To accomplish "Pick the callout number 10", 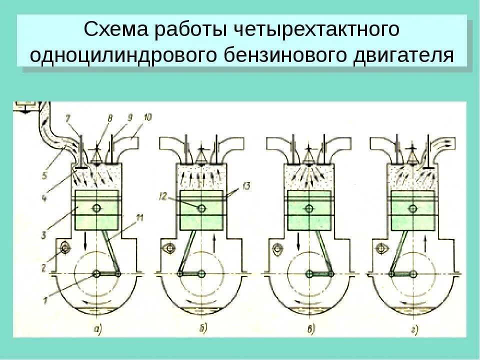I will tap(147, 117).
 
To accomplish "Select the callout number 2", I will tap(44, 267).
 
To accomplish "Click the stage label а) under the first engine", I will tap(97, 329).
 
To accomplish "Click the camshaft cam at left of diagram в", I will tap(276, 248).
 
